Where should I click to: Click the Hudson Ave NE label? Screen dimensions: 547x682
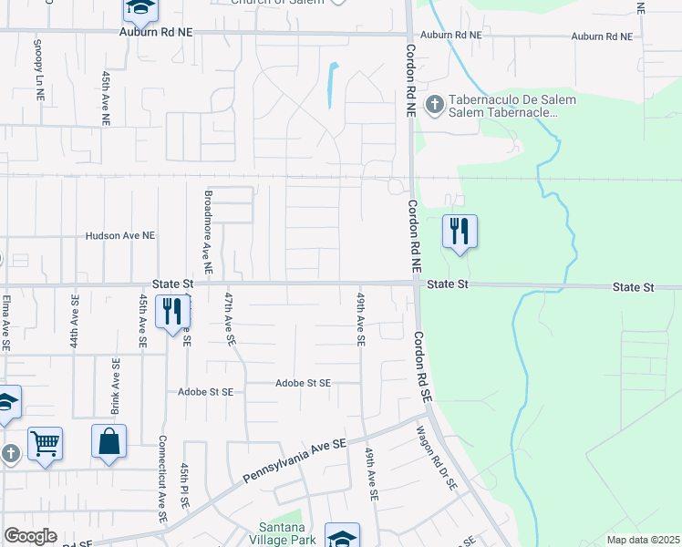[119, 235]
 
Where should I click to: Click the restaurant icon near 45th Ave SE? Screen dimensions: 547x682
[171, 312]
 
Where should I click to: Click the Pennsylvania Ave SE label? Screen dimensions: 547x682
[295, 460]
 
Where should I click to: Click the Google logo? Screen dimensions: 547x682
[30, 536]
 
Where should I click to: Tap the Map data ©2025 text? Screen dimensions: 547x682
[643, 540]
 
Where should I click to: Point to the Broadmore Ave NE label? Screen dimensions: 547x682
[208, 233]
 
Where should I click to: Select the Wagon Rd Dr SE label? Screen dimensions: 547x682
[436, 460]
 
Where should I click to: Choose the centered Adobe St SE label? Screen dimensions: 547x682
[303, 384]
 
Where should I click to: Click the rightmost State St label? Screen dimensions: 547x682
[633, 287]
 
